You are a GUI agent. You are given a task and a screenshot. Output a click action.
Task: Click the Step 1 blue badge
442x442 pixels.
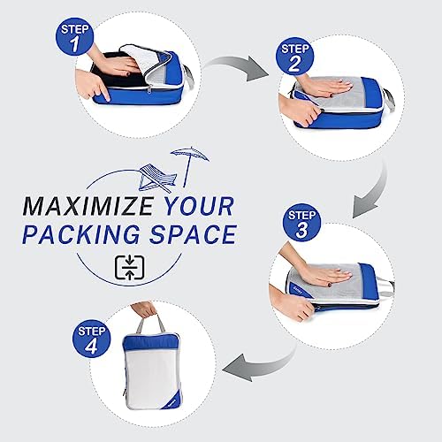(x=74, y=36)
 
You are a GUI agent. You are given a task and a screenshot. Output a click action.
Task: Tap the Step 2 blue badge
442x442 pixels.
(x=294, y=56)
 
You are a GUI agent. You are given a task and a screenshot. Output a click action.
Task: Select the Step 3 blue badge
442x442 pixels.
(x=301, y=223)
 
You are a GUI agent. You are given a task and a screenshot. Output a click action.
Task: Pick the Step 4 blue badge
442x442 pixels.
(x=91, y=339)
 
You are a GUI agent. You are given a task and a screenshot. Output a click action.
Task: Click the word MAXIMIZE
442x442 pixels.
(x=88, y=206)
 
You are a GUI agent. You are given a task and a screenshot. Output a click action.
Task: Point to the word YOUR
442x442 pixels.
(x=199, y=206)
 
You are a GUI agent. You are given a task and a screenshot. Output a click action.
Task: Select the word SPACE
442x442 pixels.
(x=193, y=234)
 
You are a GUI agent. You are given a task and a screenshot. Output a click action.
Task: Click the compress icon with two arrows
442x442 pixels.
(x=129, y=268)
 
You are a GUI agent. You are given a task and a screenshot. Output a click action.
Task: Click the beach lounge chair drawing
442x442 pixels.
(x=157, y=179)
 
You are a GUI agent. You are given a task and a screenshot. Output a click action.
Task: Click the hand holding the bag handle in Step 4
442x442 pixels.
(x=144, y=310)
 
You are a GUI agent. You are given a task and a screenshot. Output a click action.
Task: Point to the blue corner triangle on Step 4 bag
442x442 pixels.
(x=172, y=400)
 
